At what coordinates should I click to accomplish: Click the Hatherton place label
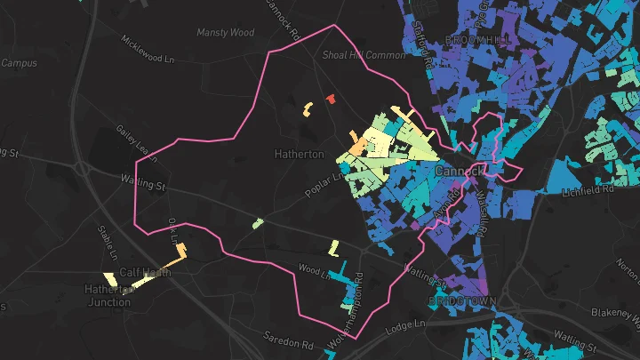[x=300, y=154]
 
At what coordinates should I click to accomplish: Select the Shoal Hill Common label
[x=364, y=54]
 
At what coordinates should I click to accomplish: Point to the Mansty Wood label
[x=225, y=33]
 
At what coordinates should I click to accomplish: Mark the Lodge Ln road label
[x=404, y=328]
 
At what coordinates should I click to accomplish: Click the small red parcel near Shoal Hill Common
[x=331, y=99]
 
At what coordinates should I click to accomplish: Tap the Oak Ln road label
[x=173, y=232]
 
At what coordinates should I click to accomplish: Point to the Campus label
[x=19, y=63]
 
